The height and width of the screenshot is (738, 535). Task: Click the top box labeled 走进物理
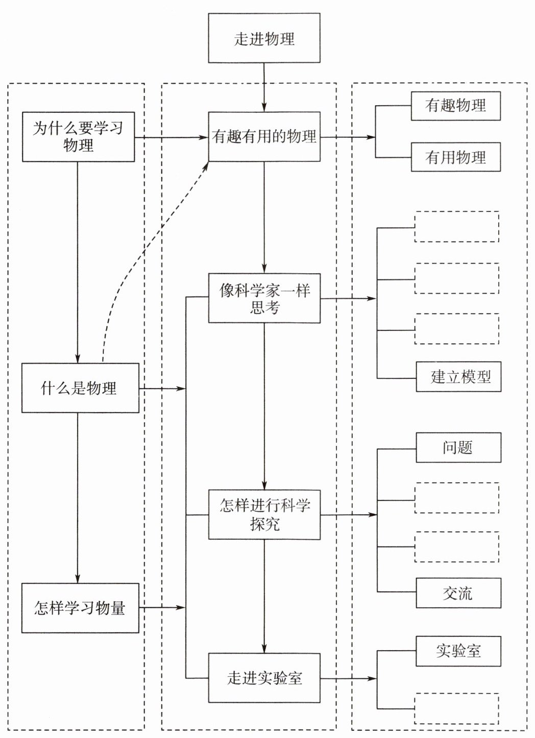click(264, 39)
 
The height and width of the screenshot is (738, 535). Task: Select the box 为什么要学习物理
click(78, 137)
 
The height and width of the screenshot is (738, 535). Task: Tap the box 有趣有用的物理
click(264, 137)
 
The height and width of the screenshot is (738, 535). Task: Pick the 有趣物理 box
click(455, 106)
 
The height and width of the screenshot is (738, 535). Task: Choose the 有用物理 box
click(455, 157)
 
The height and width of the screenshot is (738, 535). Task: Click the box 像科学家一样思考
click(264, 298)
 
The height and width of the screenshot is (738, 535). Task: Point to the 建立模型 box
click(458, 377)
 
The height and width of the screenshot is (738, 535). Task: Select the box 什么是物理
click(80, 388)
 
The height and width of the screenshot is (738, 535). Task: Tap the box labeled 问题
click(458, 448)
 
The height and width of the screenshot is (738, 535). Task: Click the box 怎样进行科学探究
click(264, 515)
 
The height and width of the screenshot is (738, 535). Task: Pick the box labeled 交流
click(458, 593)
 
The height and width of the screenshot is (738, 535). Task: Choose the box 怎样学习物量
click(80, 608)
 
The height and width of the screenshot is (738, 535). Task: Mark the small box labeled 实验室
click(458, 651)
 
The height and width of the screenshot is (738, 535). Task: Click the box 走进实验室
click(264, 678)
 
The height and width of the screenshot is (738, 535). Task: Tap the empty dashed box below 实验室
click(456, 708)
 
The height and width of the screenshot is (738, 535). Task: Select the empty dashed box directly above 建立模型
click(456, 329)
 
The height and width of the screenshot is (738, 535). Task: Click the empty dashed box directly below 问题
click(456, 498)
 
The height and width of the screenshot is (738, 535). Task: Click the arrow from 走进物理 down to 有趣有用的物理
click(264, 87)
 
